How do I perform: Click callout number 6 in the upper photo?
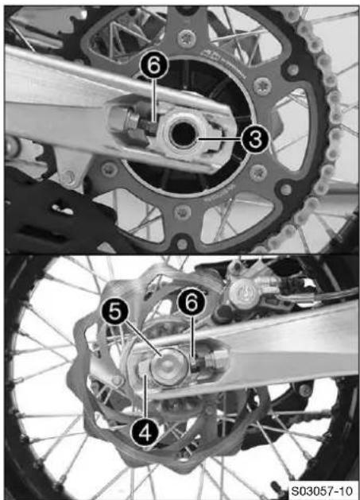(x=154, y=66)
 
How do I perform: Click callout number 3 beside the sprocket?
(x=255, y=139)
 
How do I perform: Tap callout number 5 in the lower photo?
(x=114, y=312)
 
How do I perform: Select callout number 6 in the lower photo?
(x=192, y=303)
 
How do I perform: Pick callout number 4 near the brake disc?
(x=145, y=432)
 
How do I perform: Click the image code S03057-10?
(x=322, y=490)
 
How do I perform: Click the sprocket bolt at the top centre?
(x=186, y=39)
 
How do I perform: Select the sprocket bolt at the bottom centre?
(x=183, y=211)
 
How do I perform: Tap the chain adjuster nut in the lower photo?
(x=217, y=359)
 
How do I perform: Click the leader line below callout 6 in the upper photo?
(x=154, y=101)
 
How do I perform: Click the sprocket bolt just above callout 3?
(x=263, y=86)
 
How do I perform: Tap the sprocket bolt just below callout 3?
(x=258, y=173)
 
